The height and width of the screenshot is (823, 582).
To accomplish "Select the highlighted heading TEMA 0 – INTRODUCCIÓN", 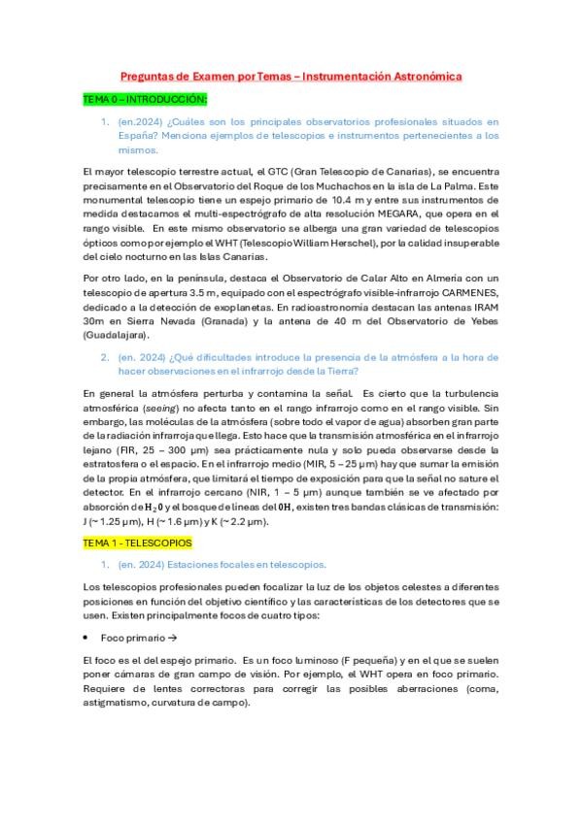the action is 145,99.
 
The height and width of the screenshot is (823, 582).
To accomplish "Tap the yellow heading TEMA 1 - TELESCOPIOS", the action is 137,543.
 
